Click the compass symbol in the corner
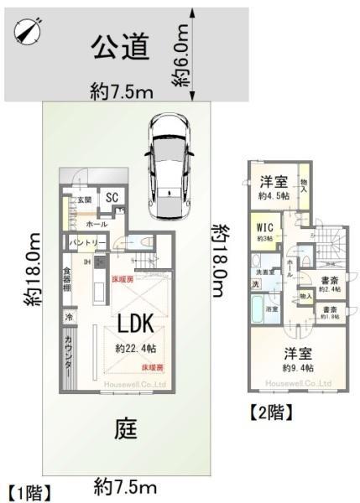coord(27,30)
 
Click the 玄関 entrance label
coord(86,200)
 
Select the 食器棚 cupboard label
coord(66,281)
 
